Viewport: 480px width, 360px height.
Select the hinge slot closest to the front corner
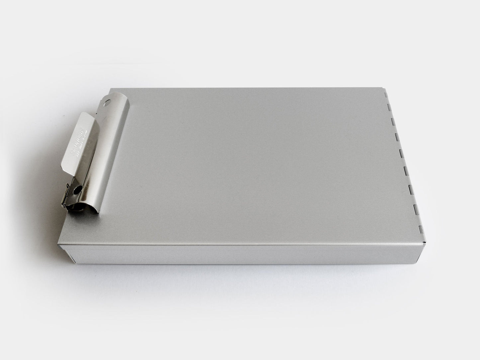coord(421,229)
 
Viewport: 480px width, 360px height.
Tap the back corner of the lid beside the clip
coord(111,88)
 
